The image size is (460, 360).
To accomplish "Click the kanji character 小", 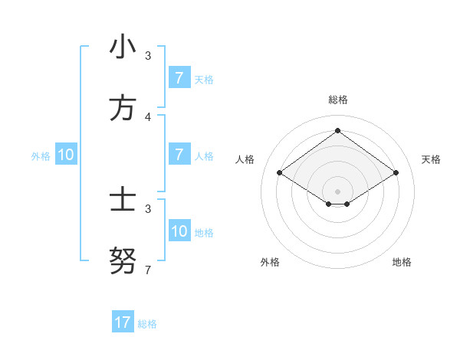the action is click(123, 47).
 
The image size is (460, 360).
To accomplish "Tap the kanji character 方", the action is click(123, 109).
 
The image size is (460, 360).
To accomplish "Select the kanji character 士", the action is click(123, 201).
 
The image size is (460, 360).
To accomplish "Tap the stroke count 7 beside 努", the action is click(148, 270).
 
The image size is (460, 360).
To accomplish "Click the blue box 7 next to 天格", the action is click(179, 78).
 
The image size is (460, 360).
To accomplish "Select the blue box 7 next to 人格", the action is click(179, 155).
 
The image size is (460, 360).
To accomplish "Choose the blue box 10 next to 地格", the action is click(179, 231).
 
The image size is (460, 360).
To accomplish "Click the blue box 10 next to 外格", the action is click(66, 155).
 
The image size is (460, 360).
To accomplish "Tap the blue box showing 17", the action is click(123, 322).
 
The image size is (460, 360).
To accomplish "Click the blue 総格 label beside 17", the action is click(147, 324).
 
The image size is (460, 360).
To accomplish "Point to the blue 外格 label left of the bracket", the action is click(41, 155).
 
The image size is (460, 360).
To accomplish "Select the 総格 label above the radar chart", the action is click(338, 100).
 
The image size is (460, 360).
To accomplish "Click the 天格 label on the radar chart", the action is click(432, 159).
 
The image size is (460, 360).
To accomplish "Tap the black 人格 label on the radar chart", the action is click(245, 159).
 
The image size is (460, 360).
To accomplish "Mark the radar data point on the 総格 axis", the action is click(337, 130).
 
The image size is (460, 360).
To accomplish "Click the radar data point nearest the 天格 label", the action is click(396, 173).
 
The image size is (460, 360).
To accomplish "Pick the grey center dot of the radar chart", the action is click(337, 191).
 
